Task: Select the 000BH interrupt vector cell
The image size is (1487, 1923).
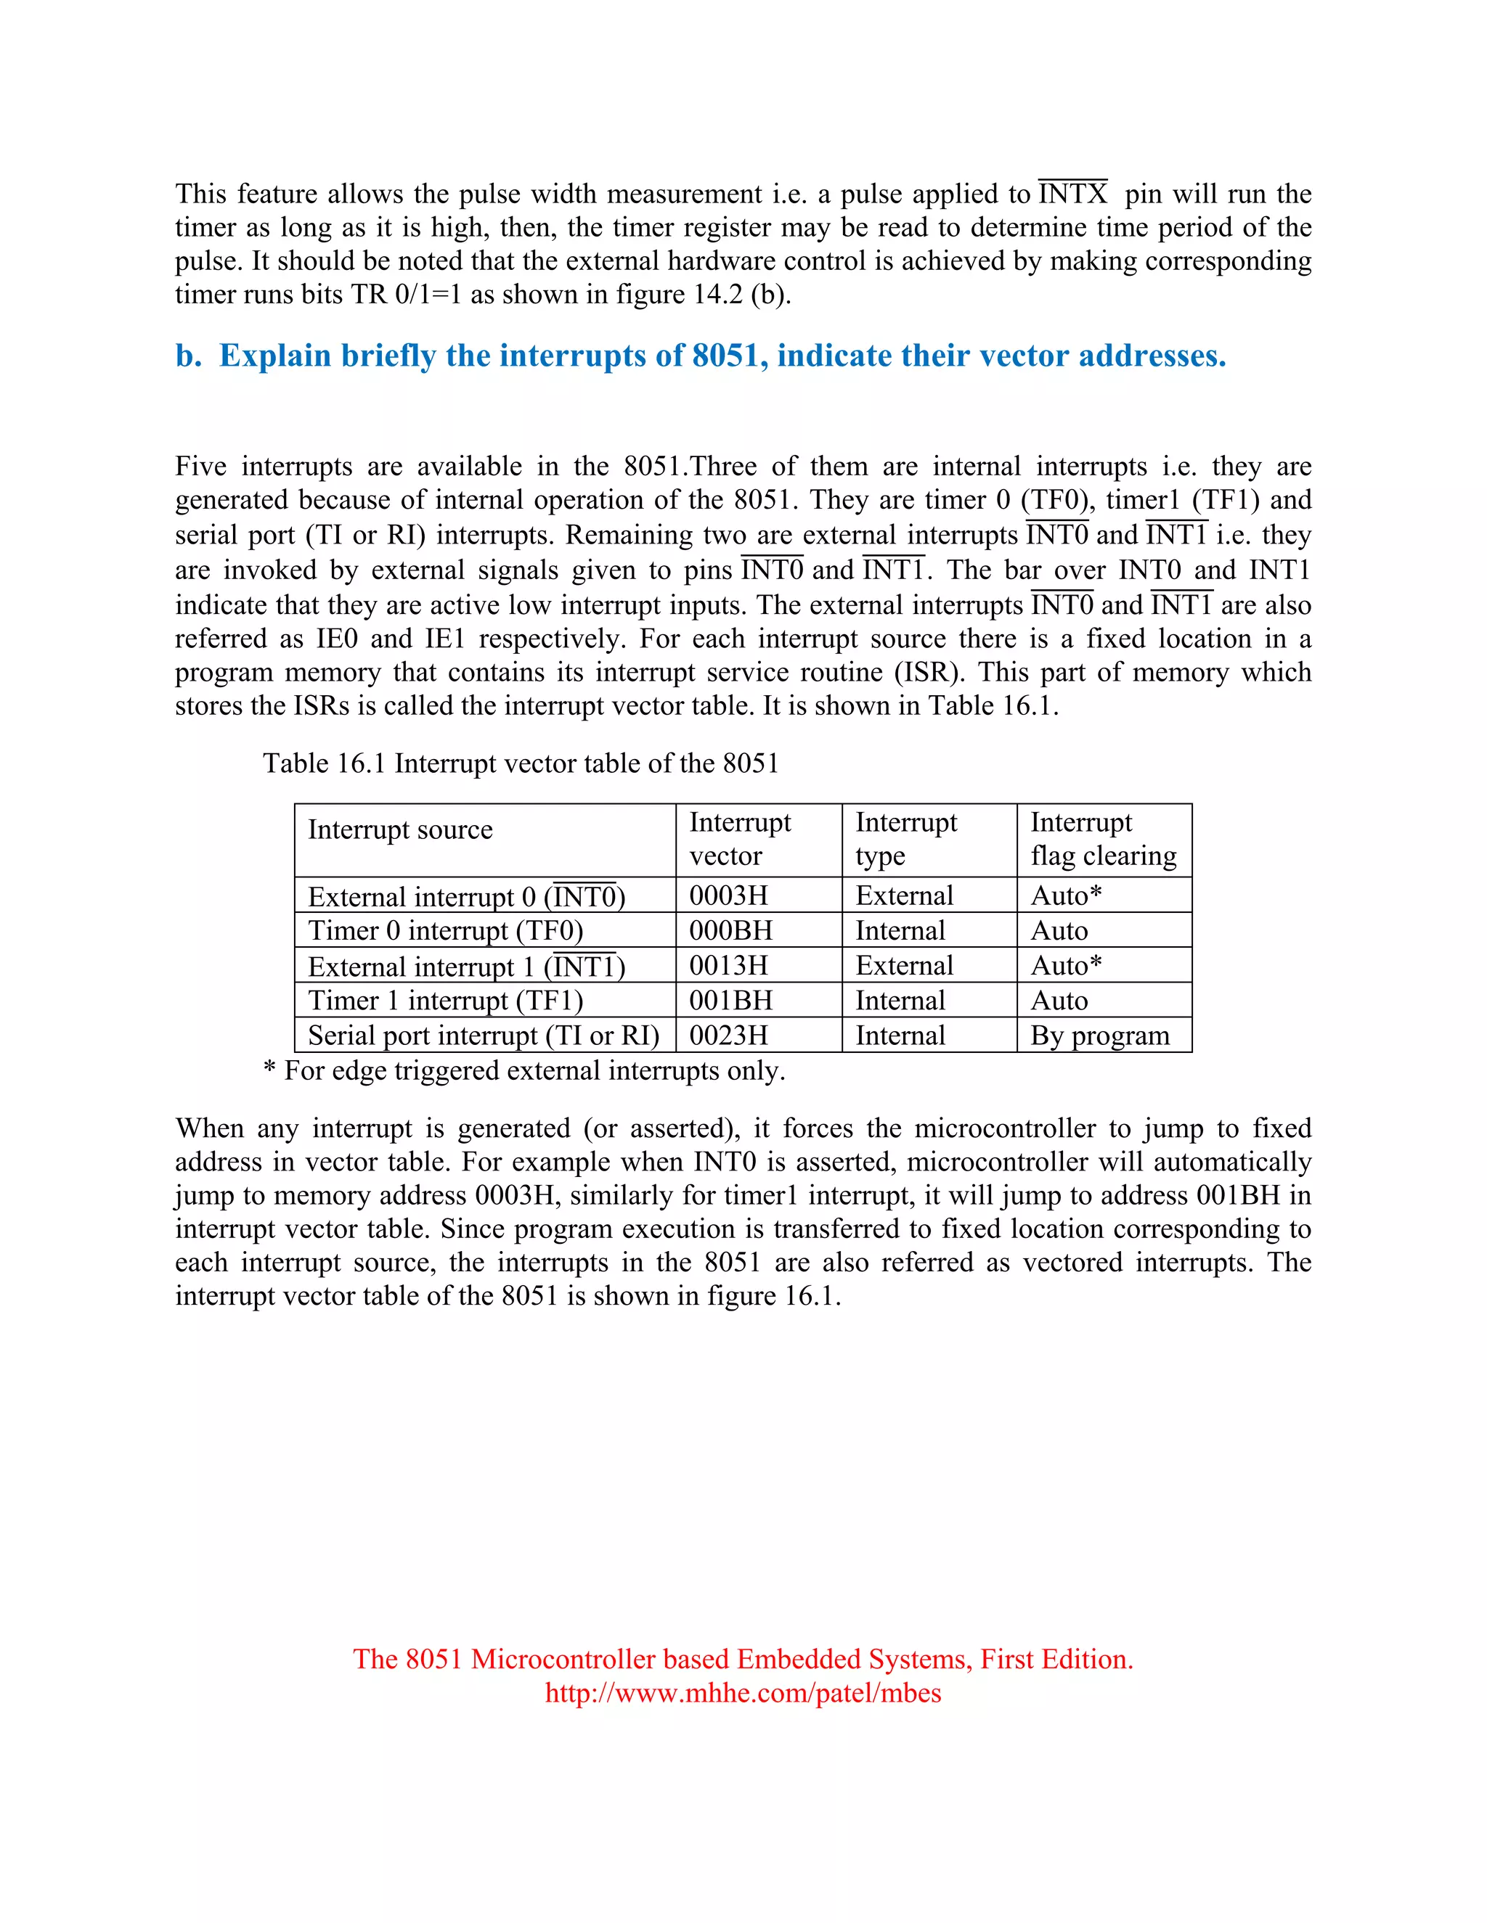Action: click(730, 931)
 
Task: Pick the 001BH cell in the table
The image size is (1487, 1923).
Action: click(730, 1001)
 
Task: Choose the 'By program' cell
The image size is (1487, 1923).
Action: click(1099, 1036)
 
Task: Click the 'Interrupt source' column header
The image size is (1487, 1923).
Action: click(400, 829)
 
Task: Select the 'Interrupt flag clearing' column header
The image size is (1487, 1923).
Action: click(1103, 839)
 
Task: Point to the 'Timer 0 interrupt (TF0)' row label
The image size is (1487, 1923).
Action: click(445, 931)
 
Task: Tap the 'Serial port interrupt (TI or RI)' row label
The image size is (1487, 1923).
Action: click(483, 1036)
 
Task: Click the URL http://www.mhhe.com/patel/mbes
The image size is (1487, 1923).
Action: click(743, 1692)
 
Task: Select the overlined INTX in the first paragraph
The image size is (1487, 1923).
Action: click(1072, 194)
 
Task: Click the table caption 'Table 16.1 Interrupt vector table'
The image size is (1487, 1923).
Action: click(520, 763)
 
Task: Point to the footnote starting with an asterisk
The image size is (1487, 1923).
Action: click(524, 1070)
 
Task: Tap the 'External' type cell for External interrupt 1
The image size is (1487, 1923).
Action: click(904, 966)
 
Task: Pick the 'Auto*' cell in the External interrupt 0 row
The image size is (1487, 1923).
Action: click(1066, 895)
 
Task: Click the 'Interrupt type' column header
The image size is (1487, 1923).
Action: click(905, 839)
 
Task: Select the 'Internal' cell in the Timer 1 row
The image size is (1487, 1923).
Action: click(900, 1001)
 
